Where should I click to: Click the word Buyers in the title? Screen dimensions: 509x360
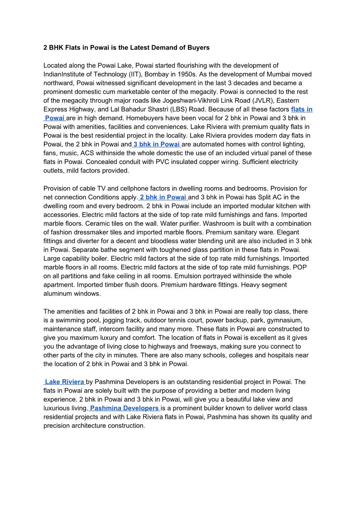click(x=198, y=47)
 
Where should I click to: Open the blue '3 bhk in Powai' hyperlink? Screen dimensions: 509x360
click(x=157, y=144)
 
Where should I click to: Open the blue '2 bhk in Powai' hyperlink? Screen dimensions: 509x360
click(x=163, y=197)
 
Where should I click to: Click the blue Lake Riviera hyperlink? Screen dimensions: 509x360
click(x=64, y=382)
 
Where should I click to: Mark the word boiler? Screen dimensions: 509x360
click(x=105, y=259)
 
